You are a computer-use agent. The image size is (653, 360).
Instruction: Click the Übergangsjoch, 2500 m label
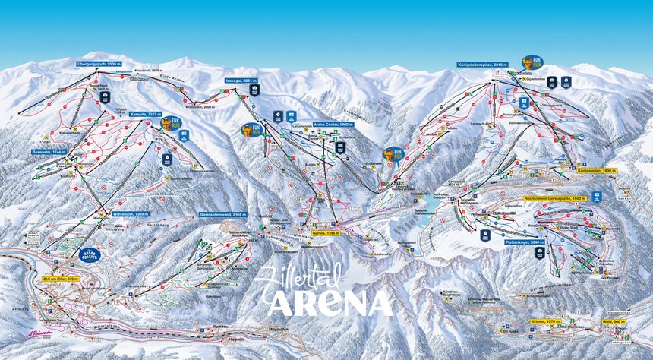click(x=99, y=65)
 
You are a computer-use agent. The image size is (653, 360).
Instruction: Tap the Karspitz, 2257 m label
click(x=144, y=115)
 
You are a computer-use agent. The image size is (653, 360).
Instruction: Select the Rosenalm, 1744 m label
click(x=49, y=152)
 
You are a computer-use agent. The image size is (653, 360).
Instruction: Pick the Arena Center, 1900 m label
click(x=333, y=124)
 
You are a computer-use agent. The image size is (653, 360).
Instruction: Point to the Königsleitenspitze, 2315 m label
click(x=482, y=65)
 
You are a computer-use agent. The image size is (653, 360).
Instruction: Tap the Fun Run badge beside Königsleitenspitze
click(x=531, y=62)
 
